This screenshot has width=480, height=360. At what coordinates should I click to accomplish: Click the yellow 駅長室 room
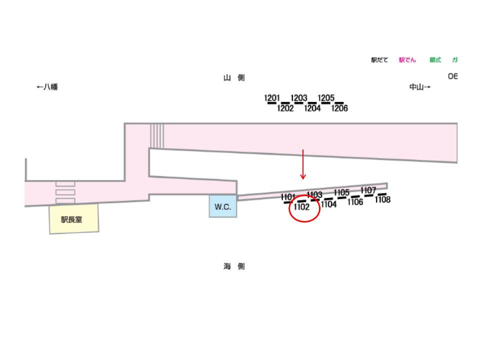(73, 219)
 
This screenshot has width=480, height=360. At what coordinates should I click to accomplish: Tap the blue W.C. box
(223, 206)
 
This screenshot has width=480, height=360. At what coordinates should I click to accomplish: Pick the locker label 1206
(339, 108)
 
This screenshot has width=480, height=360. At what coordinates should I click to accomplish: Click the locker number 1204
(312, 108)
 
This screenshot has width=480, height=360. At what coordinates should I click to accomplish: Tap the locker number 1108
(382, 199)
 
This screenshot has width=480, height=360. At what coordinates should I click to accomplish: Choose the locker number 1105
(341, 192)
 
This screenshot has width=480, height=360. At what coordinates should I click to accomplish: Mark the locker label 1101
(288, 196)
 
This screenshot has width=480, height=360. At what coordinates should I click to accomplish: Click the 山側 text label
(234, 77)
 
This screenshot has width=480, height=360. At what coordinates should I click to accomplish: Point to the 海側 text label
(234, 266)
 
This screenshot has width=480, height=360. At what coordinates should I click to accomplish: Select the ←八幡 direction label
(47, 86)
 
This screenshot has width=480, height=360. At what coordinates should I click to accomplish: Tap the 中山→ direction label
(420, 87)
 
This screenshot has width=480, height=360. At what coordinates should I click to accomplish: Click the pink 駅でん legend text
(407, 60)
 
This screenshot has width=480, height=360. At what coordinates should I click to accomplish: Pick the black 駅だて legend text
(379, 60)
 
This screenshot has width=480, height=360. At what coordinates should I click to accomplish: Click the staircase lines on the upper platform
(157, 135)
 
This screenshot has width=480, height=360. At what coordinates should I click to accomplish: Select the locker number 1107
(368, 190)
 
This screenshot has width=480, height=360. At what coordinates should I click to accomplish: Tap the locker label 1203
(299, 98)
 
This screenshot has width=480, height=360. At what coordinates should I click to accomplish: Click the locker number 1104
(329, 204)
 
